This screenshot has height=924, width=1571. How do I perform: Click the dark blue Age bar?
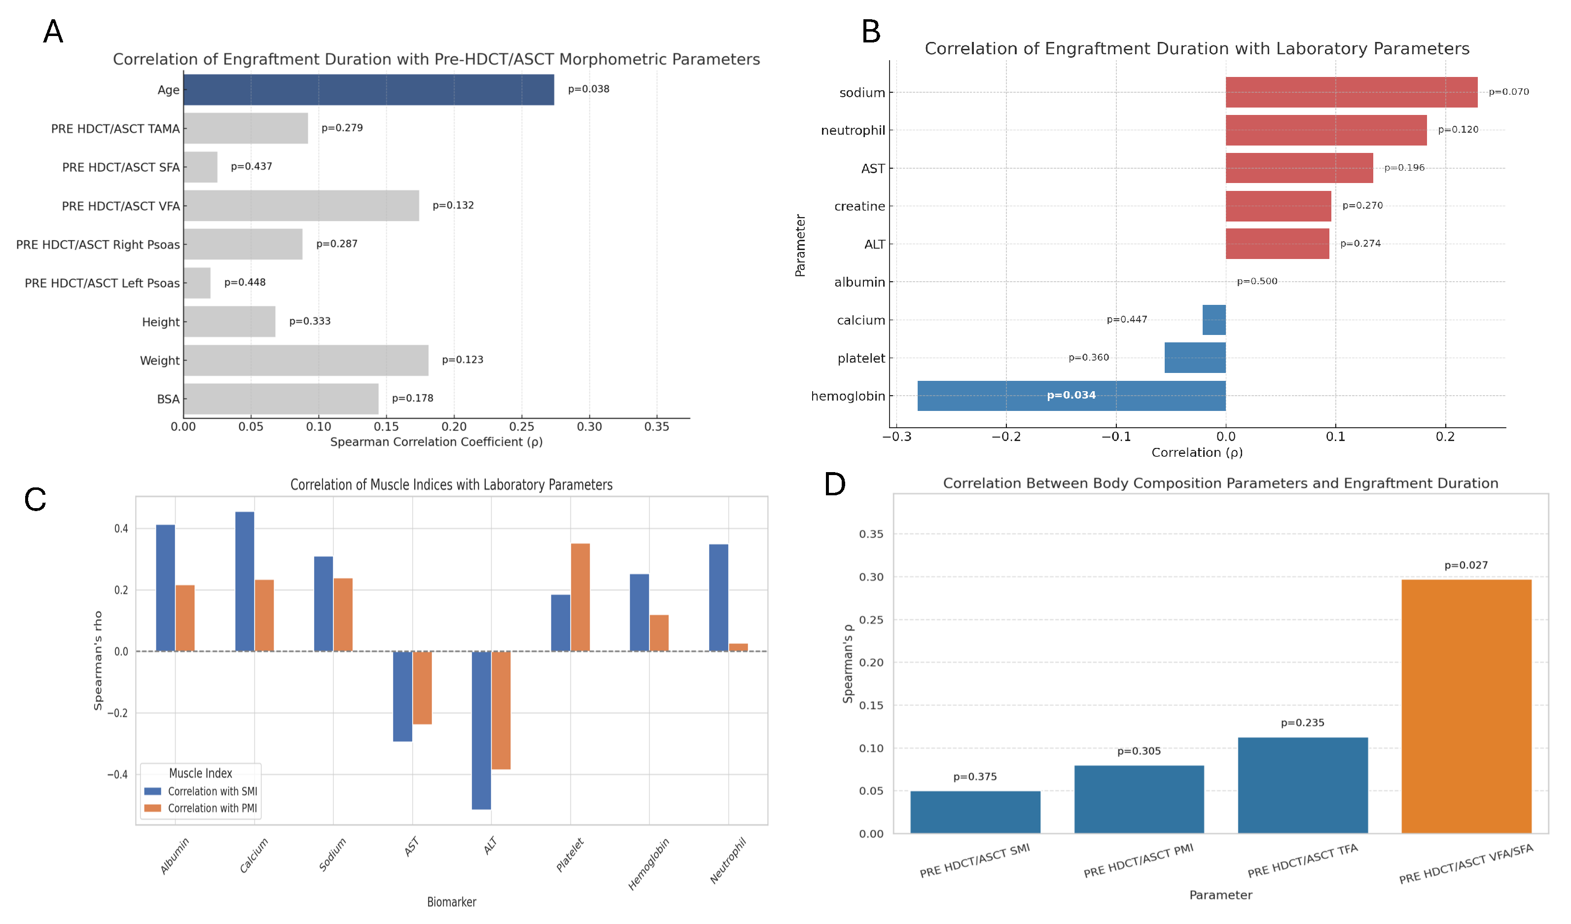[368, 90]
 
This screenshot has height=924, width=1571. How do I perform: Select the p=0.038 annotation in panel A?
[588, 89]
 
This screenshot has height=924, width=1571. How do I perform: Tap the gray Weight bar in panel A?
[306, 360]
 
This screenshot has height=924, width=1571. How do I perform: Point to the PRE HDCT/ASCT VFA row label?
[120, 206]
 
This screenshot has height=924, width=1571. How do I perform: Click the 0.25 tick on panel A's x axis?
[521, 427]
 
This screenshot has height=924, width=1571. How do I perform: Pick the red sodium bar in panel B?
[1351, 92]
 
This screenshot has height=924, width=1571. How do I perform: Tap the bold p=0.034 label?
[1071, 395]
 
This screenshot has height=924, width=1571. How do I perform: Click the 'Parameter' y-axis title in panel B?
[800, 245]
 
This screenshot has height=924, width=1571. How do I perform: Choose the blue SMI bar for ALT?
[481, 730]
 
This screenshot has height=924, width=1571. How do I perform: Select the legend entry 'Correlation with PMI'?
[212, 808]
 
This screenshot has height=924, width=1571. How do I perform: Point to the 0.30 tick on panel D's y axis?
[871, 577]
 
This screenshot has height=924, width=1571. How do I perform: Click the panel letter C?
[35, 500]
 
